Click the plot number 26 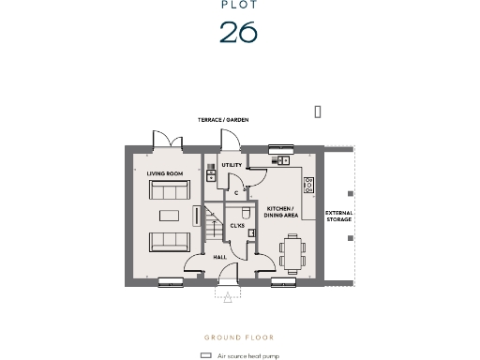[238, 32]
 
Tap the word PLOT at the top [238, 5]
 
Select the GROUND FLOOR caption [239, 337]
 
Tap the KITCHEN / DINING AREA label [281, 212]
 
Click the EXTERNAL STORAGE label [338, 217]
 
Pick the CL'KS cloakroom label [237, 226]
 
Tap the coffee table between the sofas [169, 214]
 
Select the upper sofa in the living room [169, 190]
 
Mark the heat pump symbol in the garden [319, 112]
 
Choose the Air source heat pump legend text [248, 356]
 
